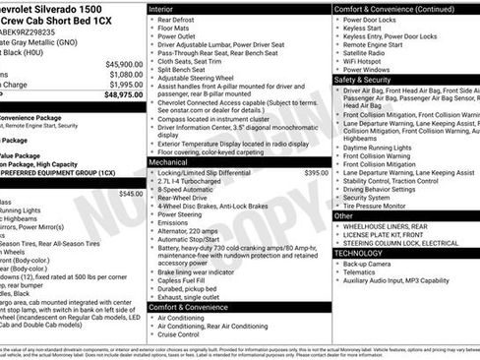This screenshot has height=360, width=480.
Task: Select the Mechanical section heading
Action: (173, 161)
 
